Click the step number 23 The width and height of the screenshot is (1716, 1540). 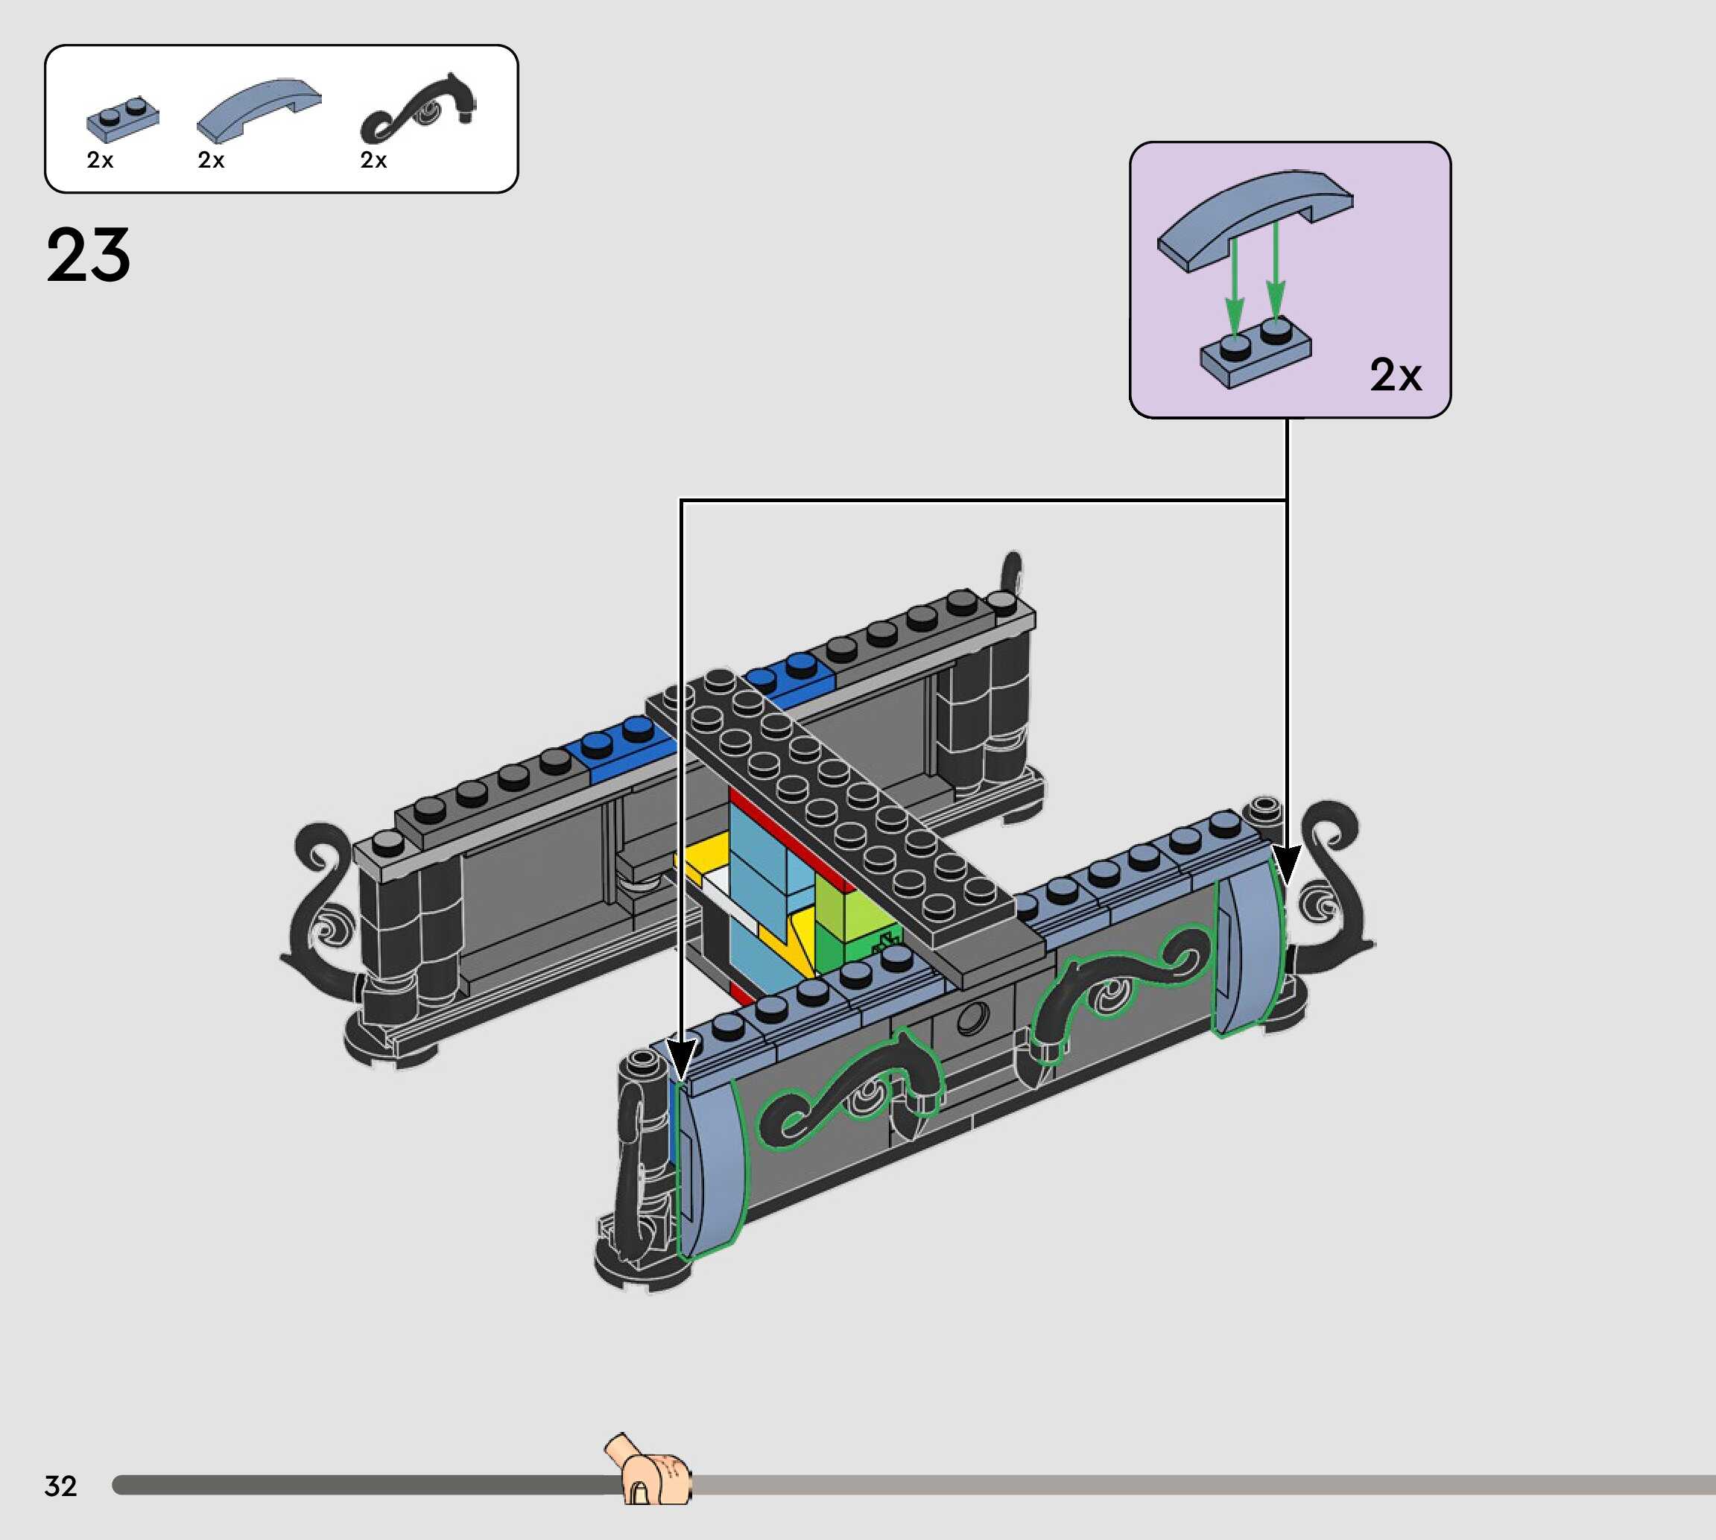click(89, 255)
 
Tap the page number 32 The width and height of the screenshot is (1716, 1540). click(61, 1486)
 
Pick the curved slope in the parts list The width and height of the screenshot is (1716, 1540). click(259, 108)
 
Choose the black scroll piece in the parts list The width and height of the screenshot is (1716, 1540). click(418, 108)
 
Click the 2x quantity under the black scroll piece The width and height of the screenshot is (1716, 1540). click(373, 160)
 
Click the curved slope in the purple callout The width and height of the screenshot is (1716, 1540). click(1255, 218)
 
